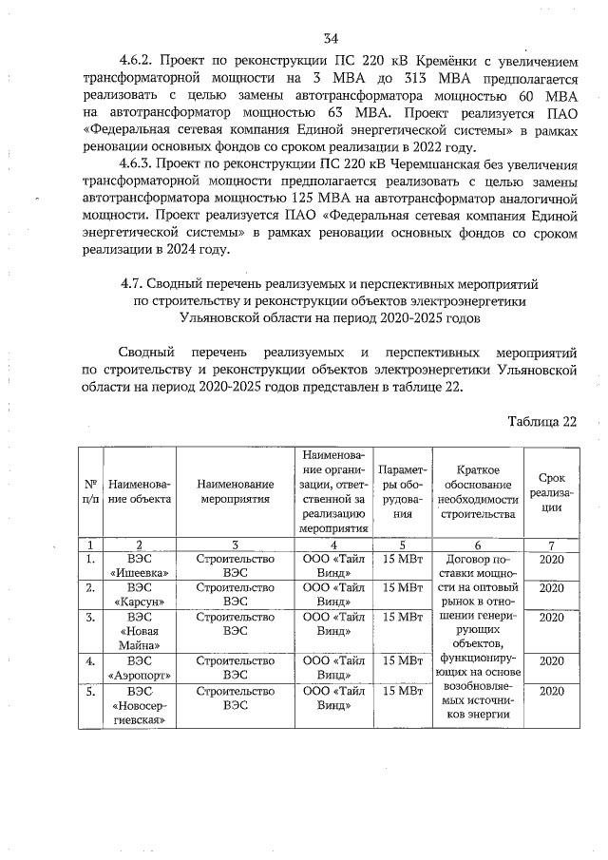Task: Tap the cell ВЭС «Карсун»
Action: point(140,595)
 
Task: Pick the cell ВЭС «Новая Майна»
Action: point(140,631)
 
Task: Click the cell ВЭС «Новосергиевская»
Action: point(140,704)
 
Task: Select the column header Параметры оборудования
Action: point(401,492)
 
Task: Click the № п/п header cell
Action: point(89,492)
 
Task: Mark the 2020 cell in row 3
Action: point(552,618)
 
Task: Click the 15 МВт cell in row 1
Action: point(401,559)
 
